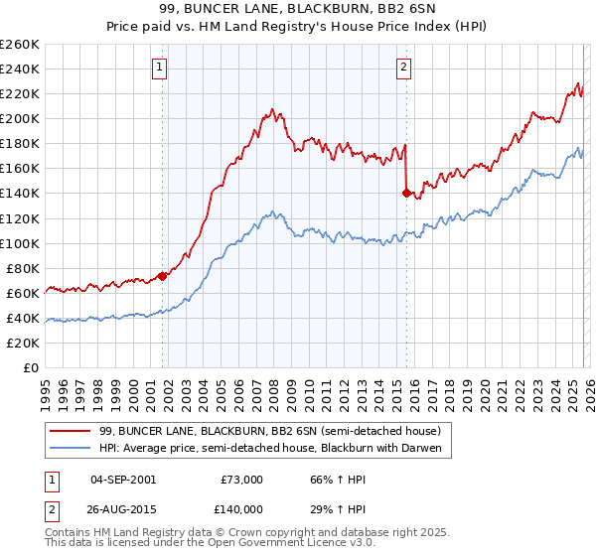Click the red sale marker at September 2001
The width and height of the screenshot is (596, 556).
162,276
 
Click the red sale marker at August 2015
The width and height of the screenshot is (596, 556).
406,193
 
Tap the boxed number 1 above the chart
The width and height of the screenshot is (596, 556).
160,68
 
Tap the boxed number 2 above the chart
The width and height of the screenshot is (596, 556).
404,68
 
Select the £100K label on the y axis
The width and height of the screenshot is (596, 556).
20,243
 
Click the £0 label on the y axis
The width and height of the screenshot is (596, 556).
30,367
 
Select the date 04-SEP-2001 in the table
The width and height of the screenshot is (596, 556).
122,480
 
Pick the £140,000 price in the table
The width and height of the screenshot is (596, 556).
241,509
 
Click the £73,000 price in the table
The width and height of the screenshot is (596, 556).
241,480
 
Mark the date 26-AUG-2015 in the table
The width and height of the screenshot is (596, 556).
122,509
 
